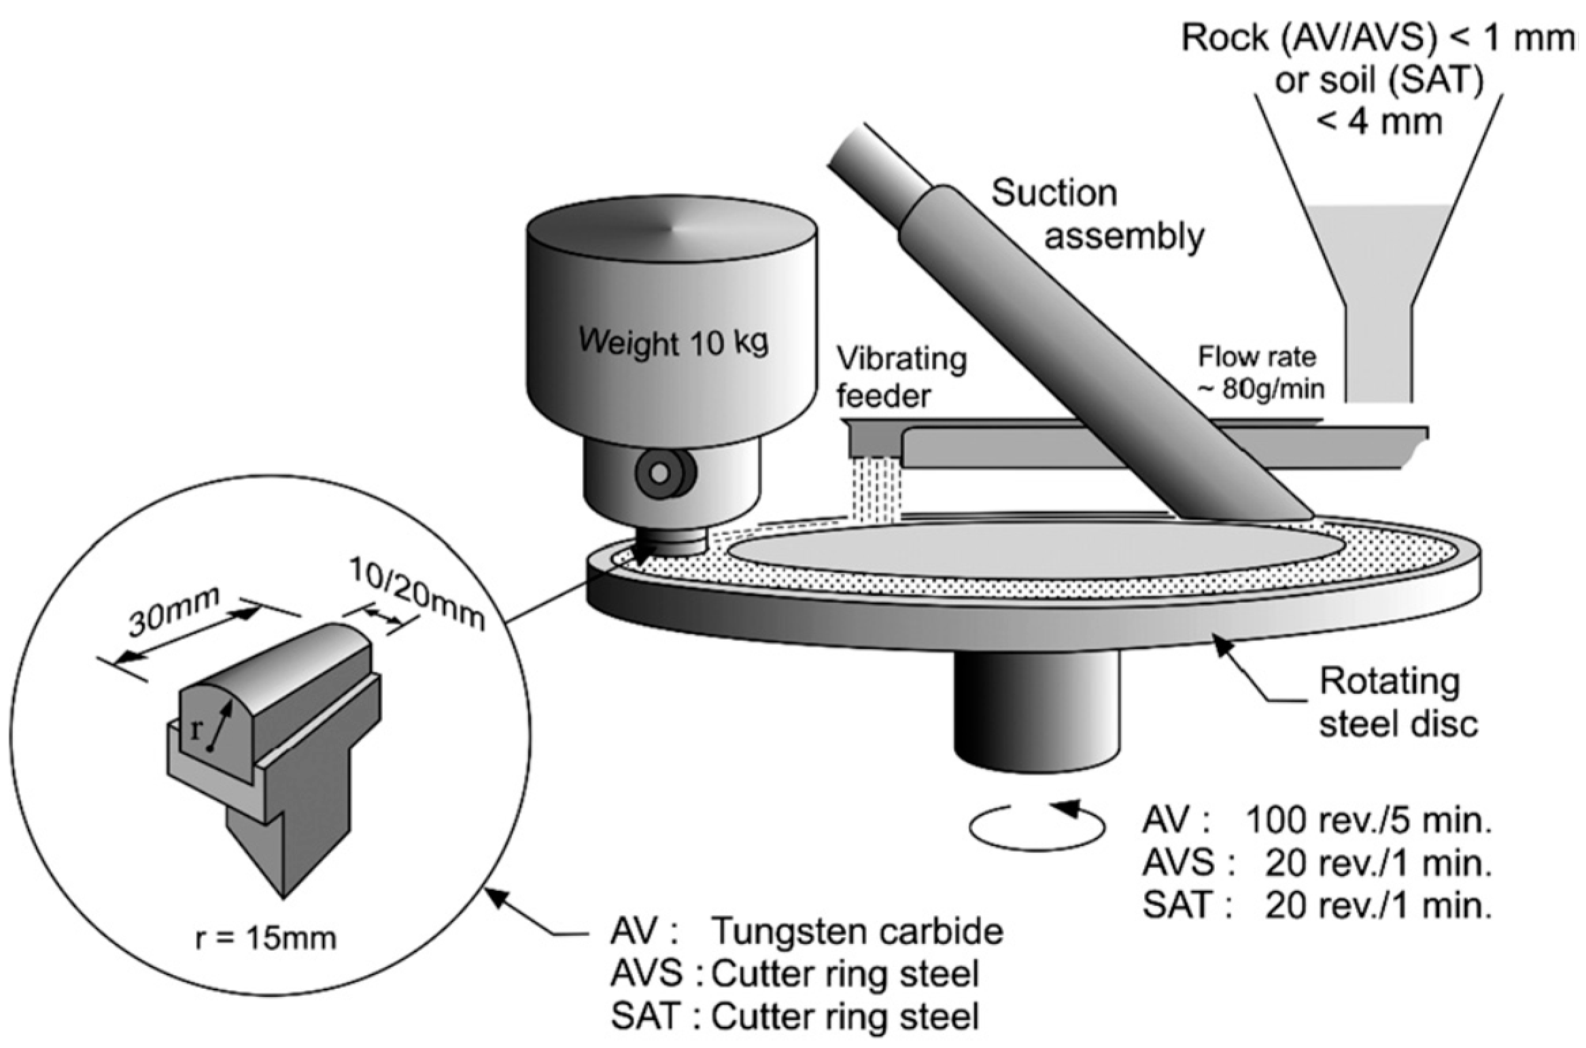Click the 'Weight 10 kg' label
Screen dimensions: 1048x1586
(673, 341)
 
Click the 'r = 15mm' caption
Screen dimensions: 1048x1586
(265, 939)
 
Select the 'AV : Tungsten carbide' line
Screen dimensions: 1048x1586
(806, 932)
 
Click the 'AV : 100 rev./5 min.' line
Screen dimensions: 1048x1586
(1316, 821)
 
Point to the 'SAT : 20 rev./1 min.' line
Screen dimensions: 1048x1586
(1316, 905)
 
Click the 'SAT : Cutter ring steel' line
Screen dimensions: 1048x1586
(795, 1017)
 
